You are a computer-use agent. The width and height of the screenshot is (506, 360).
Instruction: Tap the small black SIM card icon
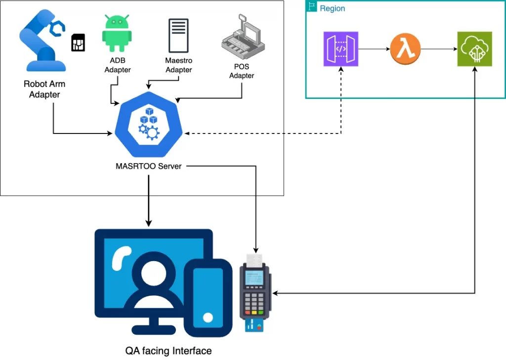(x=78, y=43)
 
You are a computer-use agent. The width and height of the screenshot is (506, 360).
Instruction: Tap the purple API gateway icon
(x=340, y=49)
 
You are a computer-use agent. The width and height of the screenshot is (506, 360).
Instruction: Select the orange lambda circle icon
(x=405, y=49)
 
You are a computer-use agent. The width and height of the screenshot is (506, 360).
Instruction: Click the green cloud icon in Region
(x=474, y=49)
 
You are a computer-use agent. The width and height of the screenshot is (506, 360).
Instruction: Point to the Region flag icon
(x=312, y=7)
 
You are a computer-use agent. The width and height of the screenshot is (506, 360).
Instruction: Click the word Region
(x=333, y=8)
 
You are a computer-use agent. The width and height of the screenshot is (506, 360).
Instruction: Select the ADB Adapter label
(x=118, y=66)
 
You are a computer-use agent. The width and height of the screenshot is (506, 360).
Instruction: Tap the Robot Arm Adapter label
(x=44, y=89)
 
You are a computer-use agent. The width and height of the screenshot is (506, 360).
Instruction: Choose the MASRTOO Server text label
(x=148, y=166)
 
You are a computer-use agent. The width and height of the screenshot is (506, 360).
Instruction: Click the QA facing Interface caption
(x=168, y=351)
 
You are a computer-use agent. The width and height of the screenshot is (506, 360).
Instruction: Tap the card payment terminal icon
(x=255, y=292)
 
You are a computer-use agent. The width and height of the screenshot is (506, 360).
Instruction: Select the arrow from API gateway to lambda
(x=373, y=49)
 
